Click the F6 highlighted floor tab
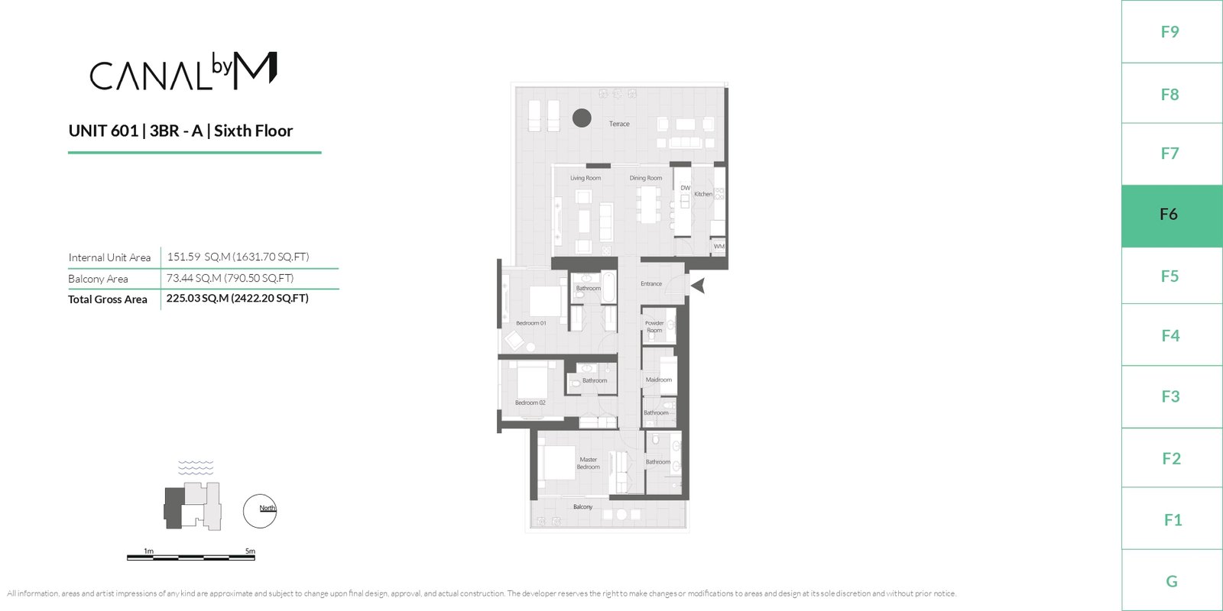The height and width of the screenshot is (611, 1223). (x=1172, y=215)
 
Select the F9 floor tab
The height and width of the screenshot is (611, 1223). (x=1172, y=31)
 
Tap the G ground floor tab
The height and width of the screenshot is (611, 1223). (x=1172, y=580)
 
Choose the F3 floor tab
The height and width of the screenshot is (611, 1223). (x=1172, y=396)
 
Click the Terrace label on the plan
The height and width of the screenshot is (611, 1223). (x=619, y=124)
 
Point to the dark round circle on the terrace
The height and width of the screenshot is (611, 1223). (x=582, y=118)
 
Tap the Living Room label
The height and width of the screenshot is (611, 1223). (x=586, y=178)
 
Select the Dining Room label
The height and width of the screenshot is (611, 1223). (x=645, y=178)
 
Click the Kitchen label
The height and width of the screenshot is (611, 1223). (x=703, y=194)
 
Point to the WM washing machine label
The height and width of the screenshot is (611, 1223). (x=719, y=246)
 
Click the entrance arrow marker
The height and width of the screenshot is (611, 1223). (x=699, y=286)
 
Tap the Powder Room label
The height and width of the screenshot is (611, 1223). (x=654, y=327)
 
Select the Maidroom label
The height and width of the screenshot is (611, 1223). (x=658, y=380)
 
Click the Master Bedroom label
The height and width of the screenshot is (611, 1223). (x=588, y=463)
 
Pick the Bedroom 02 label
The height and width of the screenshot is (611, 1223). (x=530, y=402)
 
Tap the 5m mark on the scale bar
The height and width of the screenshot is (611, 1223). (x=250, y=551)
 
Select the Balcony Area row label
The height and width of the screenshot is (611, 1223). (x=99, y=279)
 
